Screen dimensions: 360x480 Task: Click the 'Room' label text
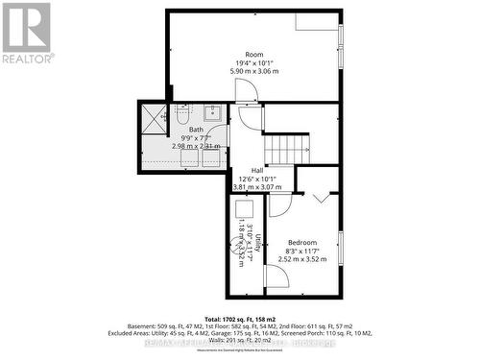point(253,55)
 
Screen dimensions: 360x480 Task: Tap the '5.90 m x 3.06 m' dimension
point(253,72)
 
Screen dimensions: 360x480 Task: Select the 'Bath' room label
point(196,130)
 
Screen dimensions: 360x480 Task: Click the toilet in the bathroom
point(182,116)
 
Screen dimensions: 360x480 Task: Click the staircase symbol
point(287,149)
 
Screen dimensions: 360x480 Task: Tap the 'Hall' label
point(257,170)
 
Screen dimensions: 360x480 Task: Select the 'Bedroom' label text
point(302,242)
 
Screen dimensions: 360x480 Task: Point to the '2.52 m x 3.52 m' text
point(302,259)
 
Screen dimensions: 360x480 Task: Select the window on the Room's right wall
point(341,37)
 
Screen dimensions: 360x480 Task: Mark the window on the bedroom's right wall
point(341,247)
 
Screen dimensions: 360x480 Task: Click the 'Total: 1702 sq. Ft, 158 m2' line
point(240,316)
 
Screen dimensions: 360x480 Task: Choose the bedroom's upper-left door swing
point(278,204)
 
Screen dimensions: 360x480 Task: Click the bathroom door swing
point(250,117)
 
